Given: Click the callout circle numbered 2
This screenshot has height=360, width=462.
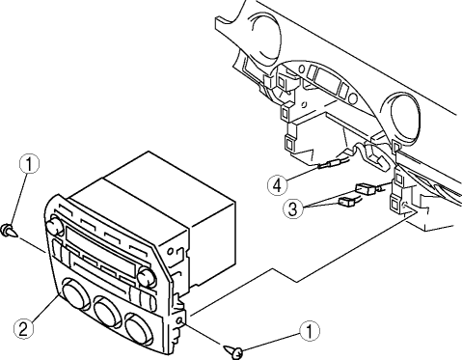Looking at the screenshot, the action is pos(24,328).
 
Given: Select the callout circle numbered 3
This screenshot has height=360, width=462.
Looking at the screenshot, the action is pos(293,209).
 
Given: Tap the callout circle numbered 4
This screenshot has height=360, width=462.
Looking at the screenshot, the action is pos(278,185).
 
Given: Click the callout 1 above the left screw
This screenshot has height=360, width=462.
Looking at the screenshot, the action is pos(29,164).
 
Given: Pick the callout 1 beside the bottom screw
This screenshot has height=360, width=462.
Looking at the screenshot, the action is pos(310,331).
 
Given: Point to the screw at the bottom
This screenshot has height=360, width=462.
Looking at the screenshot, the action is pos(233,351).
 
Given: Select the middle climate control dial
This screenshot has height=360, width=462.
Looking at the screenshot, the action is pos(106,311).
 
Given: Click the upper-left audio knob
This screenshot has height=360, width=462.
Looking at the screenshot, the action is pos(54,225).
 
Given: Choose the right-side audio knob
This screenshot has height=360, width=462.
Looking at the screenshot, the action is pos(147,278).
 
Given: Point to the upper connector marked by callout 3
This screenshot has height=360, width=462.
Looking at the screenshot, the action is pos(366,188).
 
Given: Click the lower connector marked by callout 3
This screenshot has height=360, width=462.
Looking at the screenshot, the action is pos(346,202).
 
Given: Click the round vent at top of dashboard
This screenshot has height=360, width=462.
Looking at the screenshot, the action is pos(266,36).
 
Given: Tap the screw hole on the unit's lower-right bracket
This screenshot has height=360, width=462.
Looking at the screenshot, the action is pos(180,320).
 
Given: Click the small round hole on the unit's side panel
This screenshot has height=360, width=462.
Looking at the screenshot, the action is pos(170,251).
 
